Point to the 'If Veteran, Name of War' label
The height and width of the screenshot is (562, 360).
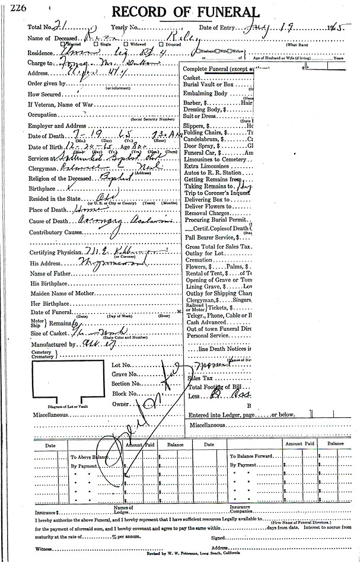coord(61,104)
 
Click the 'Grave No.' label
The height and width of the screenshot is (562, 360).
coord(125,375)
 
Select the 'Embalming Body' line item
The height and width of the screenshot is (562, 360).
coord(205,94)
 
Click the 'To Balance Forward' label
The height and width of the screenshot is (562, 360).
coord(255,457)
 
